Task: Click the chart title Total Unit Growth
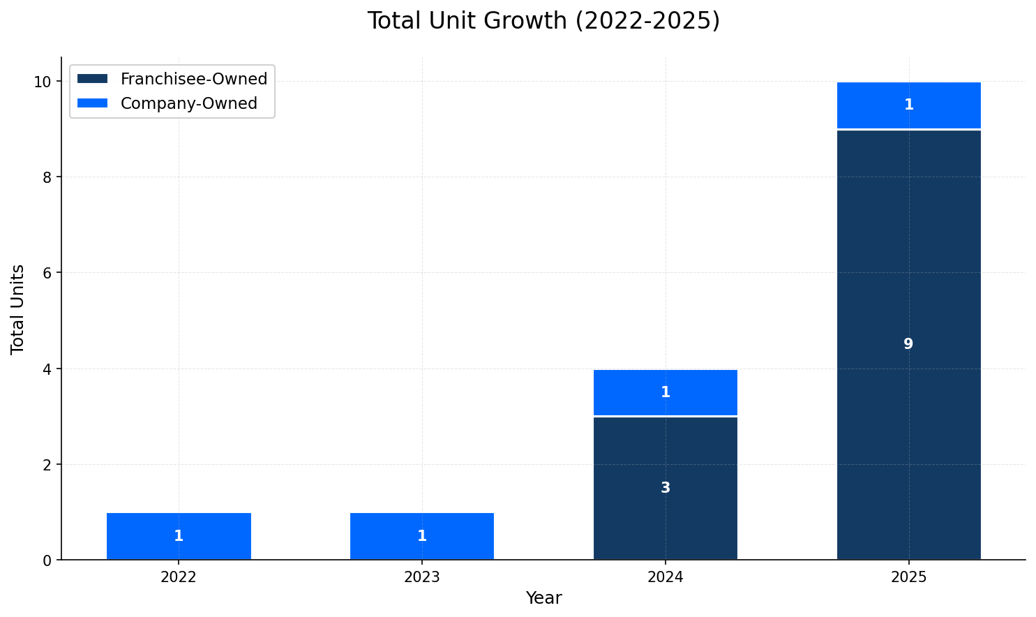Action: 543,21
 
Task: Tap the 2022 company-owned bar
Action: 179,523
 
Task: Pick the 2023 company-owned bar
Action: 422,523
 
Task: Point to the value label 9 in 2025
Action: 908,344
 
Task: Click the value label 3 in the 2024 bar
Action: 666,488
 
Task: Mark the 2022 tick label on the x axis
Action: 179,577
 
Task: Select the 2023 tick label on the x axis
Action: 422,577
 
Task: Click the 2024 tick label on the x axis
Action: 666,577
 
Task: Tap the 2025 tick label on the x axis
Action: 908,577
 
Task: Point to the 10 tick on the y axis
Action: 43,82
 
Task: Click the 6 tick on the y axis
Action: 47,273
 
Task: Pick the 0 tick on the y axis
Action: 47,560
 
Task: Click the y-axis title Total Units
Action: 18,308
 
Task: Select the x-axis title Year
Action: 543,598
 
